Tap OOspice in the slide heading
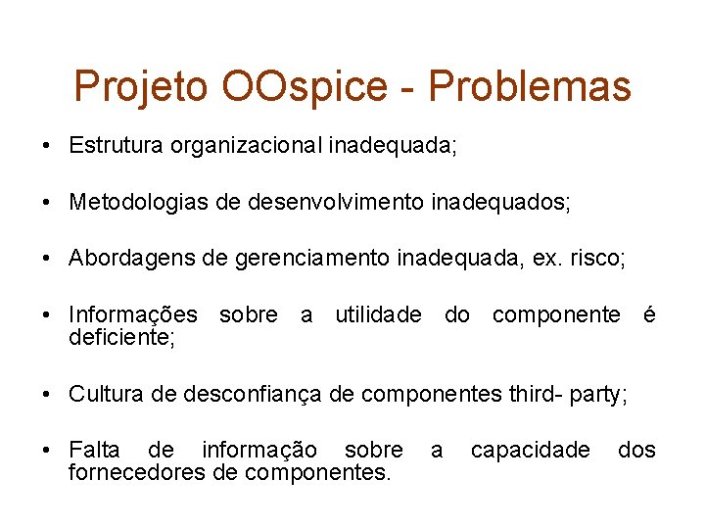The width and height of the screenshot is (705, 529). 305,87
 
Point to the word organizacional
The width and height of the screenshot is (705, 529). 247,146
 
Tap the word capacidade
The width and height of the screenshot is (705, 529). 530,450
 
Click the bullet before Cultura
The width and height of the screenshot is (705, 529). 47,394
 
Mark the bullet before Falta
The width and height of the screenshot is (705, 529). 47,451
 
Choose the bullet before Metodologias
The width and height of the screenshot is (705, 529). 47,203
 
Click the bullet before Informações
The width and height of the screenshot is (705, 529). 47,315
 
